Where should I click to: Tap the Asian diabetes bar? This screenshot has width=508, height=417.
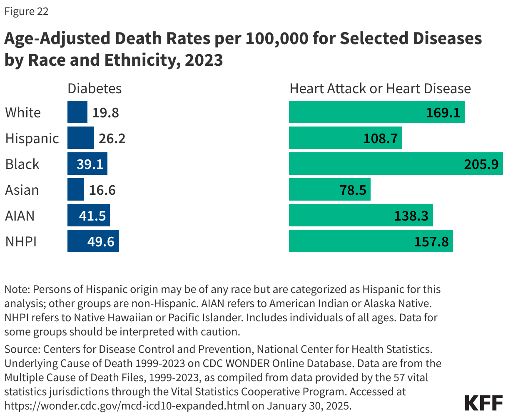(76, 189)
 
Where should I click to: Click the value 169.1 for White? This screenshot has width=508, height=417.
(443, 112)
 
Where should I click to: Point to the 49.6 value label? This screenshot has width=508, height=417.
(101, 241)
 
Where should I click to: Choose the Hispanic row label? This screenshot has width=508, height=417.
(32, 138)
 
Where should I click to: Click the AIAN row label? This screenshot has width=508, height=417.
(20, 216)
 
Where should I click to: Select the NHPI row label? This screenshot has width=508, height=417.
(21, 241)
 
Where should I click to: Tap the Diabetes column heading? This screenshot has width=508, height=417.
(95, 88)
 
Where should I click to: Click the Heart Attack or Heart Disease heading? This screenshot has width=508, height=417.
(380, 88)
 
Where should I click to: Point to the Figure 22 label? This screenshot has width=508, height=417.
(26, 11)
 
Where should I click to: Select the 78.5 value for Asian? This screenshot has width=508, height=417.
(353, 190)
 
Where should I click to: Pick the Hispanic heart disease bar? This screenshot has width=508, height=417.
(345, 138)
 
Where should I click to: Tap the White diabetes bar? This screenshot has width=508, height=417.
(77, 112)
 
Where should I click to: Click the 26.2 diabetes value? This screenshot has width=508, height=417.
(112, 138)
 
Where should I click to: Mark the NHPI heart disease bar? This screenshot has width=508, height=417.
(371, 241)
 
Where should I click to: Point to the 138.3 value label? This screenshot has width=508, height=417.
(411, 216)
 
